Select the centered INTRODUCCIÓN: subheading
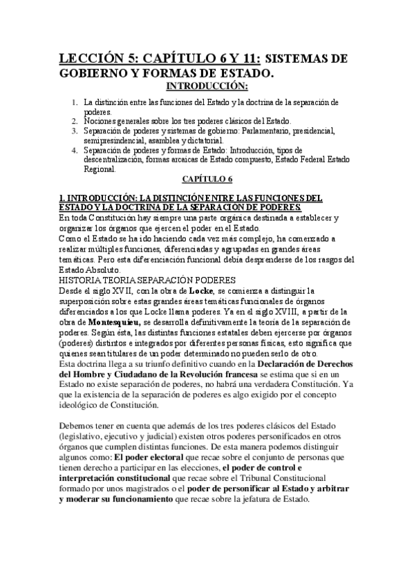click(207, 86)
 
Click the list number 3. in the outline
click(74, 129)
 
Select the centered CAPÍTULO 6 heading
click(207, 179)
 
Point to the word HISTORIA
click(80, 280)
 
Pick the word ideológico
click(82, 405)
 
